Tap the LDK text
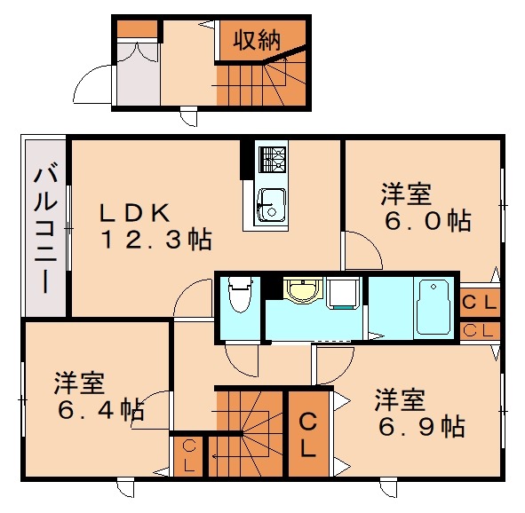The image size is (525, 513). [134, 212]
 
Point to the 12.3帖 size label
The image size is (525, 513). [155, 239]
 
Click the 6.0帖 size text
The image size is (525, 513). [426, 220]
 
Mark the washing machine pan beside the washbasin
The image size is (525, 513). [342, 292]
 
